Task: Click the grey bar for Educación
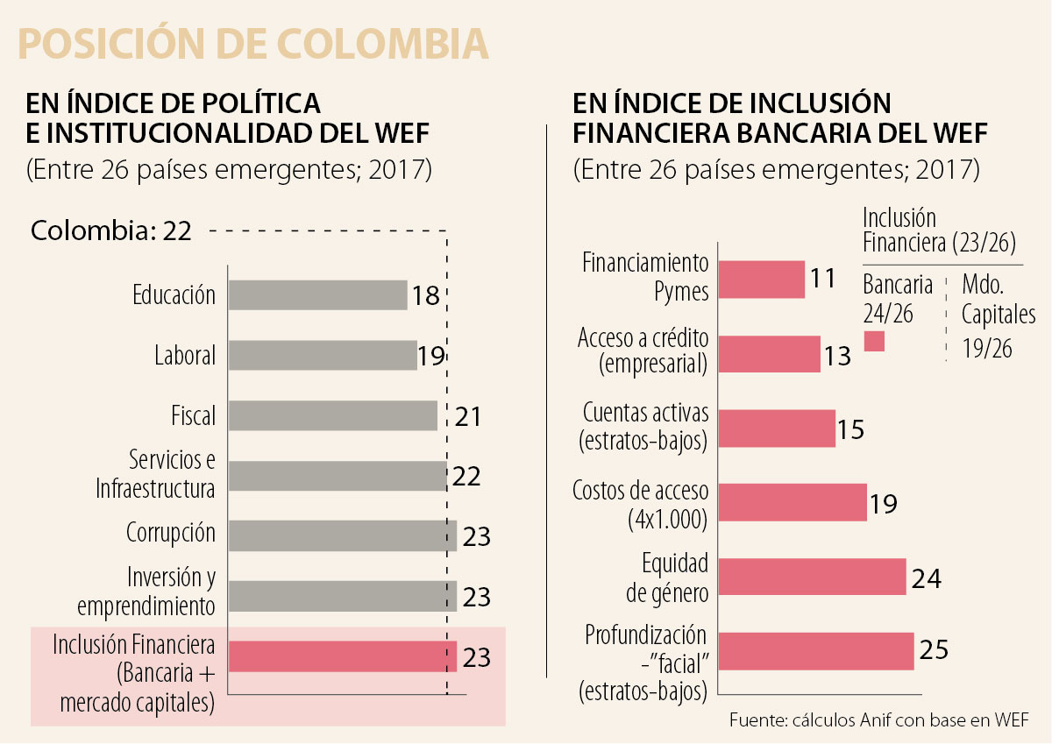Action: [x=317, y=295]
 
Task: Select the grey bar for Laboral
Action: [x=323, y=356]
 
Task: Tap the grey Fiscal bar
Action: [x=332, y=415]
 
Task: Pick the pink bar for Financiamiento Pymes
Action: [x=761, y=279]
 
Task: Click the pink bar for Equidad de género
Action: [x=812, y=577]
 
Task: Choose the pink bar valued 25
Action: [x=816, y=651]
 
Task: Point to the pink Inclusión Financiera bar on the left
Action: [x=342, y=656]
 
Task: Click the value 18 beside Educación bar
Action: [x=425, y=295]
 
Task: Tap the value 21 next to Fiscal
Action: [x=468, y=416]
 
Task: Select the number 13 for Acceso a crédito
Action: [x=837, y=356]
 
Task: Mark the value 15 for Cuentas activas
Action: [x=850, y=429]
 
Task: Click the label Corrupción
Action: [x=170, y=533]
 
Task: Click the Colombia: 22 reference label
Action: [x=110, y=231]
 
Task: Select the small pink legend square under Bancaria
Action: [x=874, y=342]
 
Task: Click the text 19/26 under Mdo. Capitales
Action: [x=986, y=348]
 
